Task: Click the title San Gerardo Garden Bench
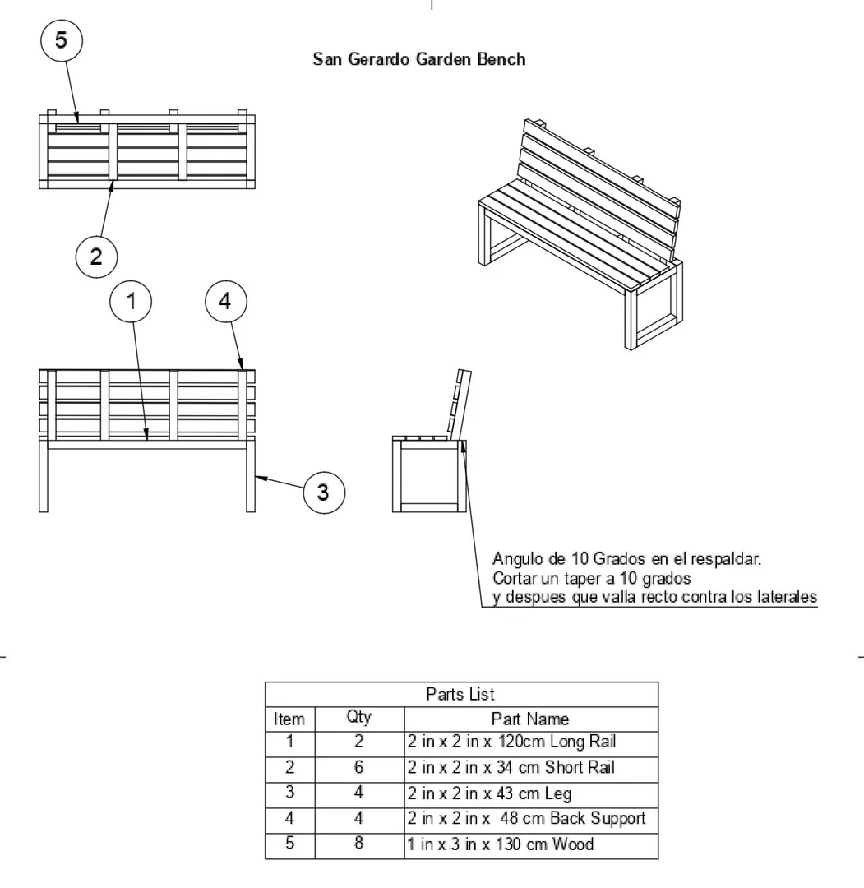pyautogui.click(x=419, y=60)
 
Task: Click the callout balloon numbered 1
pyautogui.click(x=132, y=302)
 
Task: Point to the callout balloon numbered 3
pyautogui.click(x=323, y=492)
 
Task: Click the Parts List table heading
pyautogui.click(x=460, y=695)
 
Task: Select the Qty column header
pyautogui.click(x=359, y=718)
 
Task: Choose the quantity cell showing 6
pyautogui.click(x=359, y=768)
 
